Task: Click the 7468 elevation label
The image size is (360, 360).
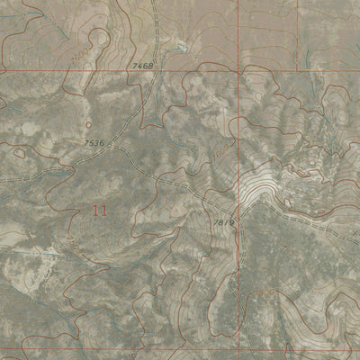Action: pos(143,66)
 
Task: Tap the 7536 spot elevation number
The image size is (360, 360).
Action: pos(94,142)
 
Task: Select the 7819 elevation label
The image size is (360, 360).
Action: pos(224,221)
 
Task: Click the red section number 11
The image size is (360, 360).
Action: pos(100,210)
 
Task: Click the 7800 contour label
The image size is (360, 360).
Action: pos(263,294)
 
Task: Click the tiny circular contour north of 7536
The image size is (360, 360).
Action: pos(89,124)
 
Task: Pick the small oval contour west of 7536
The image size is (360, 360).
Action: pos(18,151)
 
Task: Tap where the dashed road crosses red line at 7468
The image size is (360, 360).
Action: pos(154,70)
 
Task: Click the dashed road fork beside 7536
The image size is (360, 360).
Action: pos(112,147)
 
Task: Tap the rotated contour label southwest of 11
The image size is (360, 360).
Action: pos(71,243)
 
